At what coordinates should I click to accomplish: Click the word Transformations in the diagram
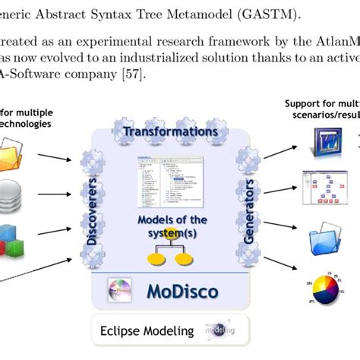point(171,131)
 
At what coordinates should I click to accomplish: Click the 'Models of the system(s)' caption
point(170,226)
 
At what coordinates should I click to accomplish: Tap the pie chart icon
point(331,288)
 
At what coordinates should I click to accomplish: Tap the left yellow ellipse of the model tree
point(155,261)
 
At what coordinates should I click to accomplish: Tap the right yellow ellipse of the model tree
point(185,261)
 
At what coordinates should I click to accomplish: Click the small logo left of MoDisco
point(121,291)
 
